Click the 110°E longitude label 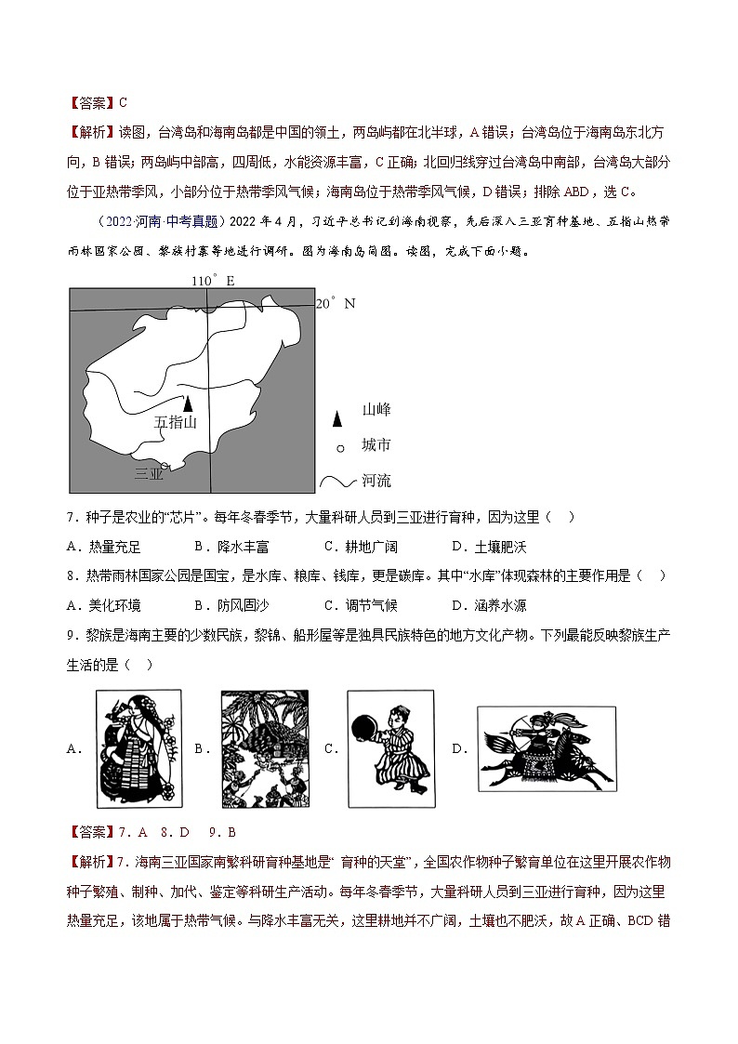213,281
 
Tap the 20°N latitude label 336,303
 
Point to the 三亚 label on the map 149,474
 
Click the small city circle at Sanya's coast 165,466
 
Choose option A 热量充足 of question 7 104,547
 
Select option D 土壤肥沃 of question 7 488,547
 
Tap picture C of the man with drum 390,743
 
